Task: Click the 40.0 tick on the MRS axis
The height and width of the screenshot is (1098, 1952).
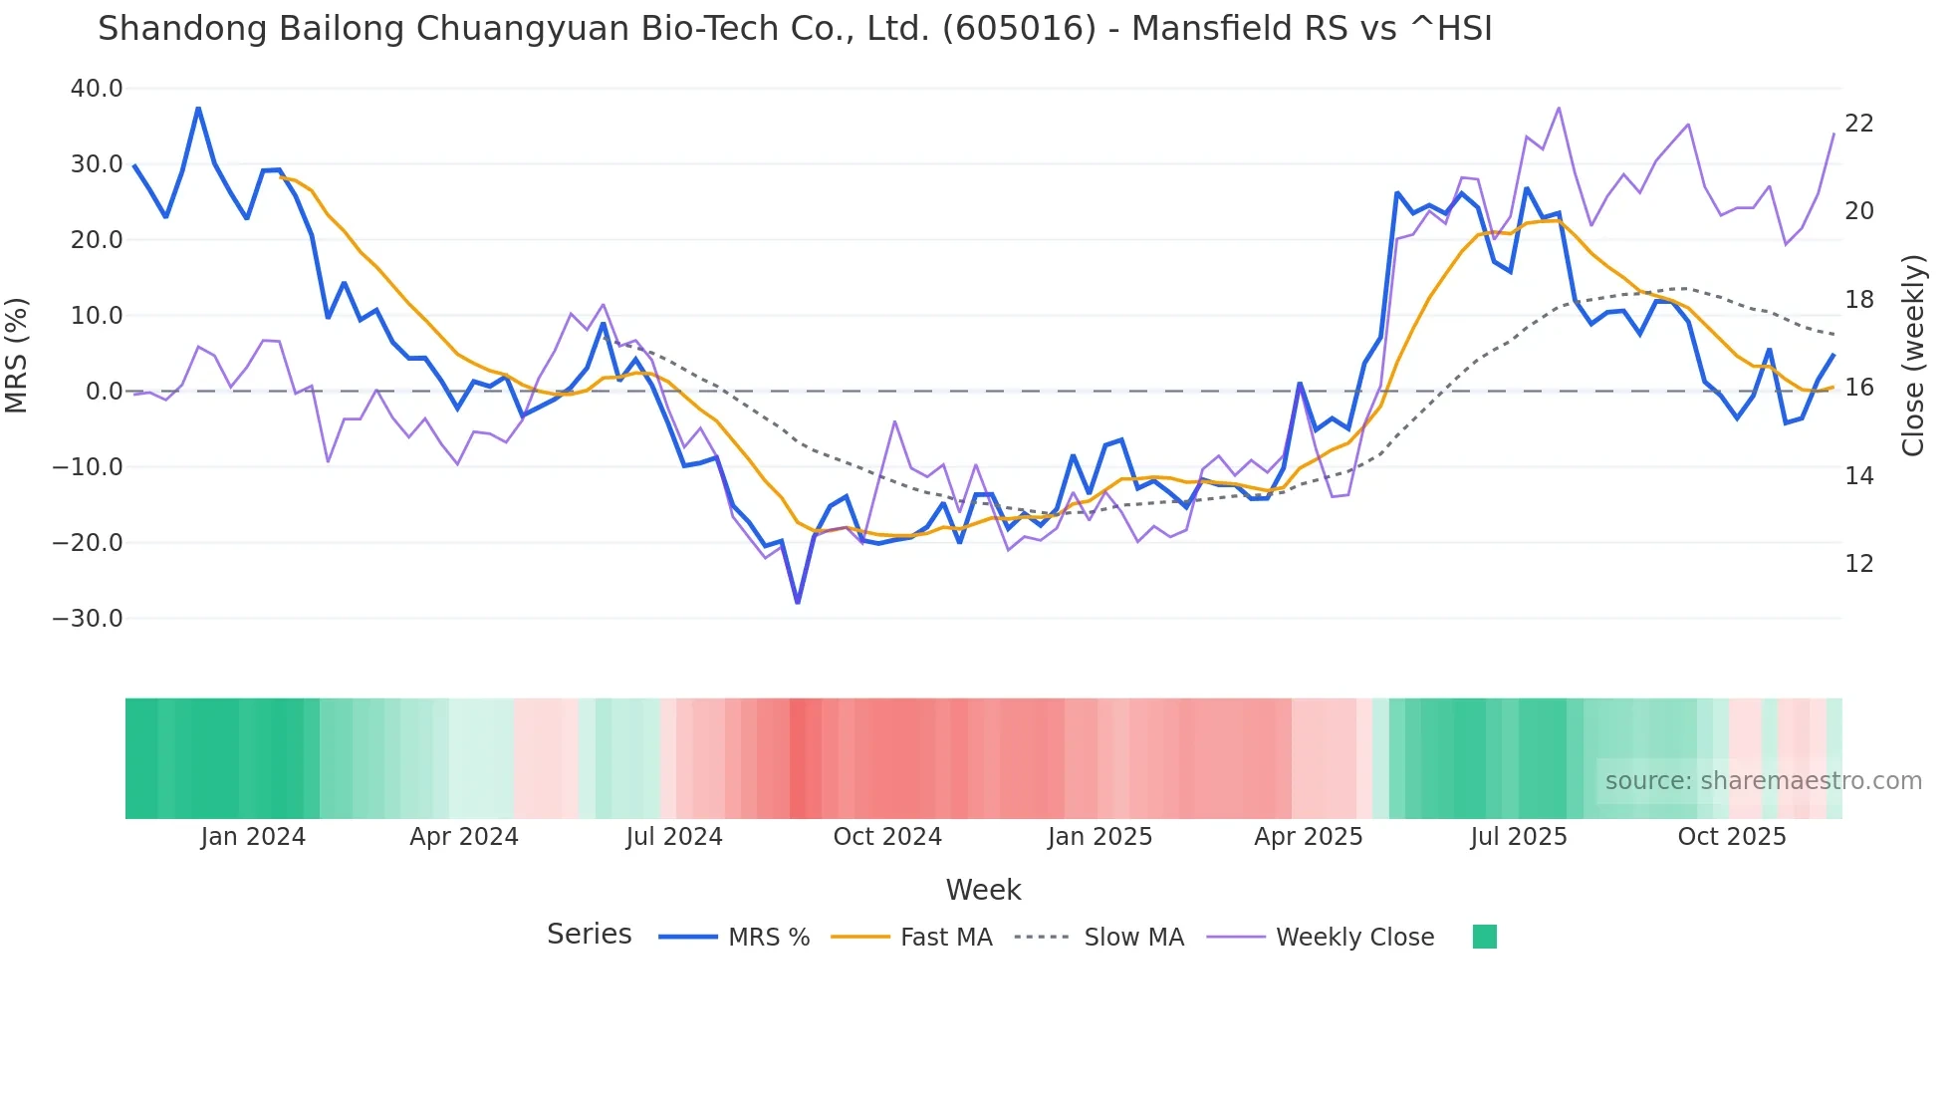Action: coord(97,89)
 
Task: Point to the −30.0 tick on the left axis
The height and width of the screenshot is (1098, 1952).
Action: coord(88,619)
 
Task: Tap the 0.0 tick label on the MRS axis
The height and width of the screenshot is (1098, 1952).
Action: coord(104,392)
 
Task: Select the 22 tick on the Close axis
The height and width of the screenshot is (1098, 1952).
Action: coord(1859,124)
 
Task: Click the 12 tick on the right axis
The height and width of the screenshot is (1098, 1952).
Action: coord(1859,564)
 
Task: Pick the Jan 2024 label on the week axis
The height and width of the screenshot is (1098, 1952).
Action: coord(253,837)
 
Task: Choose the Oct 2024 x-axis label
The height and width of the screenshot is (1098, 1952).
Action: coord(887,837)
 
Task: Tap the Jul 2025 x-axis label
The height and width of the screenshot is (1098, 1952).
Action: coord(1519,837)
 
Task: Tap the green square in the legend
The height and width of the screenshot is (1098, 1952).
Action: coord(1485,937)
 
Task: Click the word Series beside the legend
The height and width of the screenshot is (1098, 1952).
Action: coord(590,935)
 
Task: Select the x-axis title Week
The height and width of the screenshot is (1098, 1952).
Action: coord(983,890)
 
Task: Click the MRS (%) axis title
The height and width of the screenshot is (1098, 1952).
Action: coord(17,355)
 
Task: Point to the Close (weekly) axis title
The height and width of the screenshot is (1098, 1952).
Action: coord(1913,355)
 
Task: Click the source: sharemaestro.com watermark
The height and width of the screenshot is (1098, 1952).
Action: coord(1763,781)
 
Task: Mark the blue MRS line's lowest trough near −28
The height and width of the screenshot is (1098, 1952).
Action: coord(798,602)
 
